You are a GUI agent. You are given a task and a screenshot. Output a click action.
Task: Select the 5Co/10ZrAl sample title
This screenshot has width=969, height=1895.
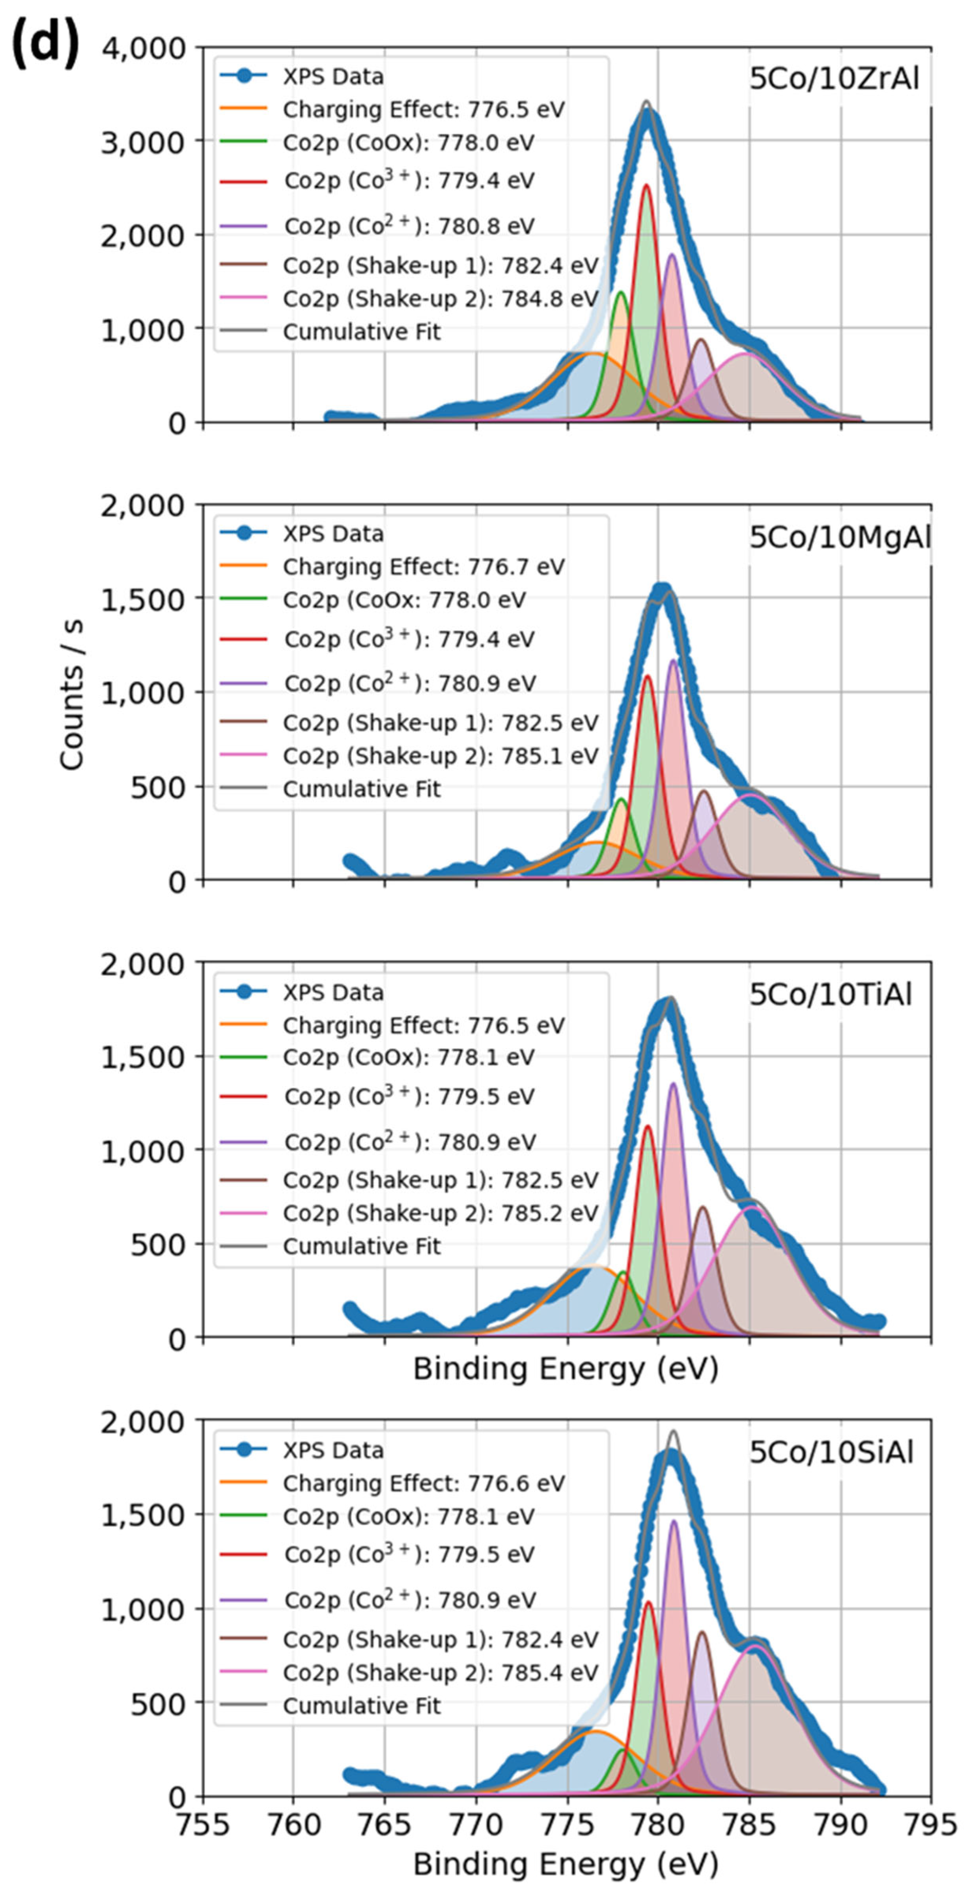click(834, 79)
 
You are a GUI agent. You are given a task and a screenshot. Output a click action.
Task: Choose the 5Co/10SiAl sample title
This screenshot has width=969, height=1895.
click(831, 1452)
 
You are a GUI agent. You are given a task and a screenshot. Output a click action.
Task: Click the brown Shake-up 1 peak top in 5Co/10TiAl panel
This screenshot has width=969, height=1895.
click(703, 1207)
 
